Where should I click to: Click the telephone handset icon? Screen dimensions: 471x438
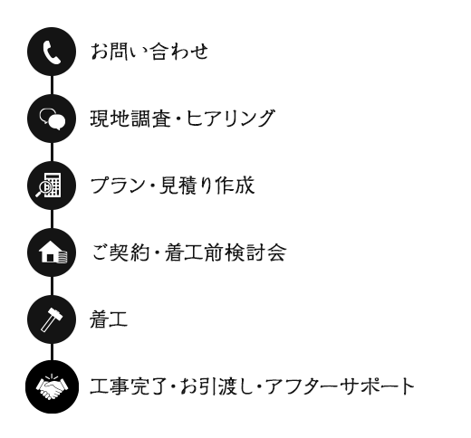click(52, 52)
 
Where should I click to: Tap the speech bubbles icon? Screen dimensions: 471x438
click(53, 119)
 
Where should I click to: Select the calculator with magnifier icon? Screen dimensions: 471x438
click(48, 186)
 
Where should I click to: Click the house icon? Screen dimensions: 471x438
click(53, 252)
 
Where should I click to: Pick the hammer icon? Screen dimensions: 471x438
click(52, 319)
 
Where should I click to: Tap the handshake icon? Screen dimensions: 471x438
click(52, 387)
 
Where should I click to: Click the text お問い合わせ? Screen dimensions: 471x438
click(149, 51)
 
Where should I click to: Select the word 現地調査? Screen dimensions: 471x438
click(130, 118)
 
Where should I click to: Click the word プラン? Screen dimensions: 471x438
click(118, 186)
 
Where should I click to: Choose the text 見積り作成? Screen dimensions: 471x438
click(207, 186)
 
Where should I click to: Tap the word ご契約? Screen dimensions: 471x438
click(120, 252)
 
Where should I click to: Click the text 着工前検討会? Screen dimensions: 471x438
click(226, 252)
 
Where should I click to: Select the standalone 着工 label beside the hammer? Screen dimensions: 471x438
click(109, 319)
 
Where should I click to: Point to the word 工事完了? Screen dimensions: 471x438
click(129, 386)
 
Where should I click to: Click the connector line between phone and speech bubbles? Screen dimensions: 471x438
click(52, 85)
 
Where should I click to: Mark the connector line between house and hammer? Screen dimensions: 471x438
click(52, 286)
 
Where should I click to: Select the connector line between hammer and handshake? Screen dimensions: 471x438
click(52, 352)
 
